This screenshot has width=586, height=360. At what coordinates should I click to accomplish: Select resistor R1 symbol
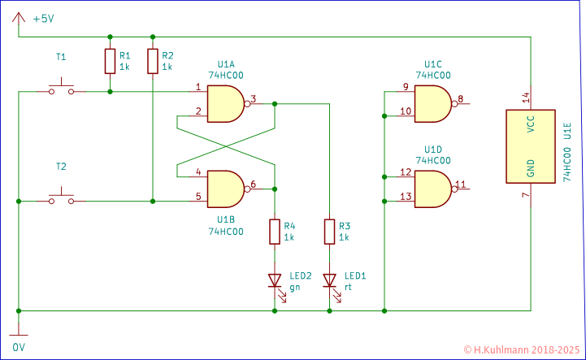[110, 62]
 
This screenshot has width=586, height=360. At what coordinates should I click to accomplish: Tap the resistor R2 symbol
[153, 62]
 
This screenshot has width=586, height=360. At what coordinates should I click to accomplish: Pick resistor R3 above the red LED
[329, 232]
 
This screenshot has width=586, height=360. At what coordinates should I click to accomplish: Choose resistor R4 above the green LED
[276, 232]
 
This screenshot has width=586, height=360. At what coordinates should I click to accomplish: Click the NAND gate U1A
[225, 103]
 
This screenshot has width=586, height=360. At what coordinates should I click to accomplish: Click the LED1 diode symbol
[329, 281]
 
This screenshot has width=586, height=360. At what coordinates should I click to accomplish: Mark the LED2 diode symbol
[276, 281]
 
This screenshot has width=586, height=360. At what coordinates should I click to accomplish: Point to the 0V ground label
[19, 346]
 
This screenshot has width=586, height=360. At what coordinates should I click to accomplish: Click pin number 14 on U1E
[525, 97]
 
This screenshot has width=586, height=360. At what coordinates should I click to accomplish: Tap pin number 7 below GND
[525, 196]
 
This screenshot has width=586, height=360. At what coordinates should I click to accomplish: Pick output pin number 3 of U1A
[253, 98]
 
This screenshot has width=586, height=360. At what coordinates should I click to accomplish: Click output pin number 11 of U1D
[461, 184]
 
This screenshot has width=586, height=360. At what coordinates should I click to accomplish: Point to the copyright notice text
[521, 349]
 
